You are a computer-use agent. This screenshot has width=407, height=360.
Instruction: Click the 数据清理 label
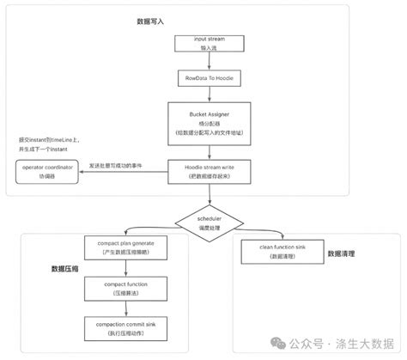[343, 254]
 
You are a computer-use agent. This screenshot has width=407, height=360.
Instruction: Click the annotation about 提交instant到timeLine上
[47, 144]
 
